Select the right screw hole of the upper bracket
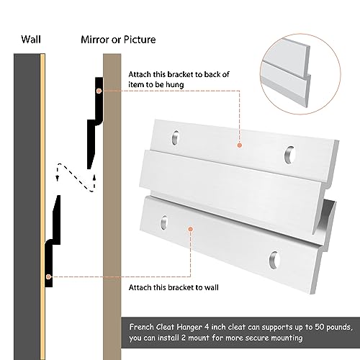point(289,153)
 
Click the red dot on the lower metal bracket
point(188,229)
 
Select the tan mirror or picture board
point(112,216)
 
